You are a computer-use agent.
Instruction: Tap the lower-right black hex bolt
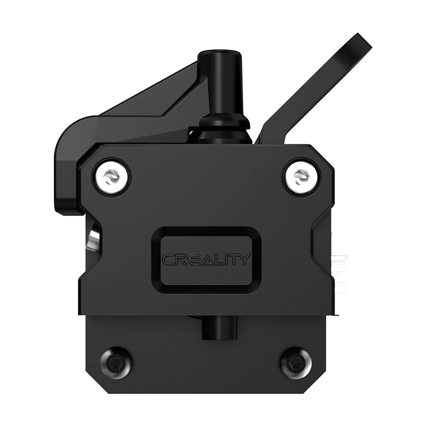(295, 363)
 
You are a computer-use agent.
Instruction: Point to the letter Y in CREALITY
(244, 259)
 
